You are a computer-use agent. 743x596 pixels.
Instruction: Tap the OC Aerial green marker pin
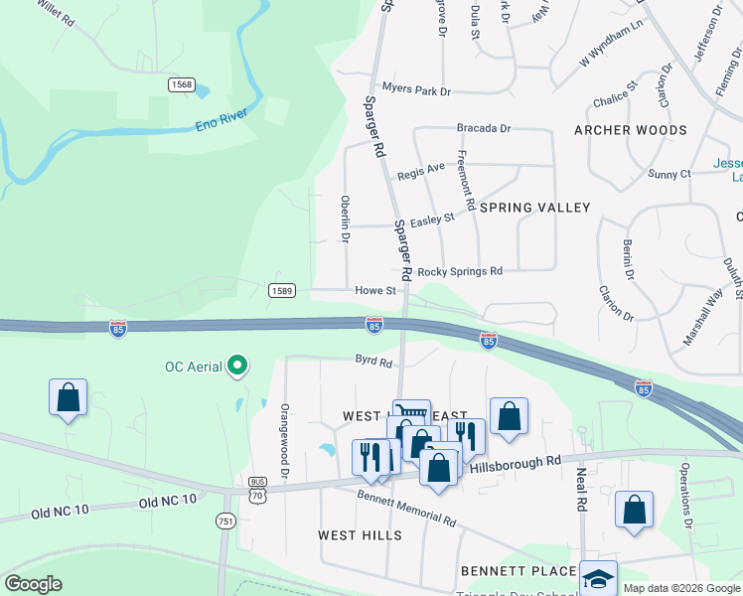236,367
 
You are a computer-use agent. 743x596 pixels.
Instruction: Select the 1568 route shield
181,85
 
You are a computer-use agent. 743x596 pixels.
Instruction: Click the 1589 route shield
282,289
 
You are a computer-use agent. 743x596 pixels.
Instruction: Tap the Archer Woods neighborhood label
630,130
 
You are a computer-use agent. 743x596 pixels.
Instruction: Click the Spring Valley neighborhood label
534,208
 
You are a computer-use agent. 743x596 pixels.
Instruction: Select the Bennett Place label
518,571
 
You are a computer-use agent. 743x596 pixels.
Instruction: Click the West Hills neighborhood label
360,535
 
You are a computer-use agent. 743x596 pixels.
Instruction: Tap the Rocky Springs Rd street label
460,271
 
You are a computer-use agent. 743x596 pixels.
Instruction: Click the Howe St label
376,291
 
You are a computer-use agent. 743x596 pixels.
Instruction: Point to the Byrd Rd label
373,361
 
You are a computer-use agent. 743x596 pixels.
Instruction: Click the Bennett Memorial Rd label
407,507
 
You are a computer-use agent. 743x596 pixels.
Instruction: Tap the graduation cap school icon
598,577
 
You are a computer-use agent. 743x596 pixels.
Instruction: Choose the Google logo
34,584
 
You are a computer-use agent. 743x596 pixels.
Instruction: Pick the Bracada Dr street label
483,128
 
